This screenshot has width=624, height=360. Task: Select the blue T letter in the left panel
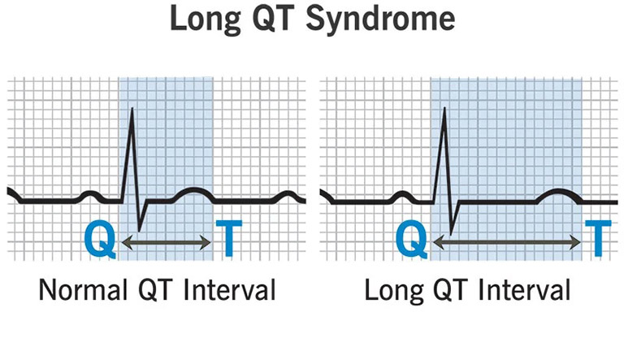(x=229, y=239)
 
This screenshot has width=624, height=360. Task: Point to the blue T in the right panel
(x=598, y=239)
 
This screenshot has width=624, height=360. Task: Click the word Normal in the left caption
(x=83, y=289)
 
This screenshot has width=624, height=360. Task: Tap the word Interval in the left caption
(x=230, y=289)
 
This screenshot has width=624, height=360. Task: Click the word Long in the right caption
(x=394, y=291)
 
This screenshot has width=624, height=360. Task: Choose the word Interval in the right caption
(x=525, y=289)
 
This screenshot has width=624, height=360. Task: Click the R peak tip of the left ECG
(x=132, y=108)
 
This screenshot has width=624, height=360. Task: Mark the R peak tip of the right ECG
(x=444, y=108)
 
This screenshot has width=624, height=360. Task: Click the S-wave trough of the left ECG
(x=139, y=231)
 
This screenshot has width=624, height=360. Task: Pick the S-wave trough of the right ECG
(x=451, y=234)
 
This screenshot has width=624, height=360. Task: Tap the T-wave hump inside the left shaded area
(x=193, y=189)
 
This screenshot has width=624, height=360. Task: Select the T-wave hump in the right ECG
(x=558, y=191)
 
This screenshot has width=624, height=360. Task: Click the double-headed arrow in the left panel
(x=166, y=242)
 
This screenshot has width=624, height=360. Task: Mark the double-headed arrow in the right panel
(x=507, y=242)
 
